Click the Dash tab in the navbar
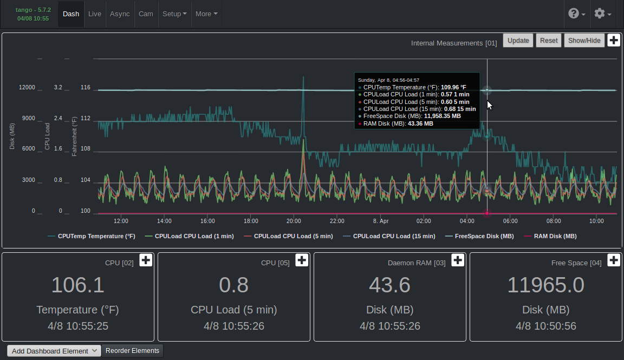tap(71, 14)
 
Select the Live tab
tap(95, 14)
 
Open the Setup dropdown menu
tap(174, 14)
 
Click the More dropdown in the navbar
tap(206, 14)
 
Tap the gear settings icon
tap(602, 14)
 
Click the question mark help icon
tap(576, 14)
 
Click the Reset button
tap(549, 41)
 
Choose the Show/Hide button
tap(584, 41)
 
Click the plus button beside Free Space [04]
tap(613, 260)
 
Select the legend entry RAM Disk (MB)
tap(550, 236)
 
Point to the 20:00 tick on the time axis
tap(294, 221)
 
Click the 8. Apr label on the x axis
tap(381, 221)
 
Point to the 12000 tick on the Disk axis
tap(27, 87)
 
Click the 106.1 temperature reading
tap(77, 285)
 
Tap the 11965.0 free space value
tap(545, 285)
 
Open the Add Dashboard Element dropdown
tap(54, 351)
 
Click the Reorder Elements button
tap(132, 351)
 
